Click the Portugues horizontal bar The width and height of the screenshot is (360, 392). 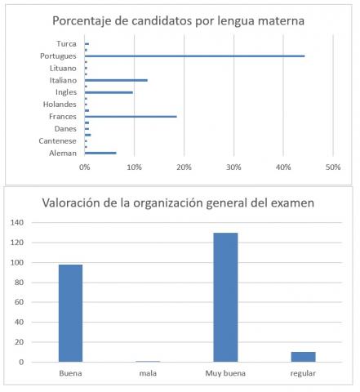tap(194, 56)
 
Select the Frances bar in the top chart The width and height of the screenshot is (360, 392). tap(131, 117)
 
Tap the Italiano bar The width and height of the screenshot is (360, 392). tap(116, 80)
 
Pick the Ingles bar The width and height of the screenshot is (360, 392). tap(109, 92)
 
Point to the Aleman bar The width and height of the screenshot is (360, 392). tap(100, 153)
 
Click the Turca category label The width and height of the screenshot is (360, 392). tap(66, 44)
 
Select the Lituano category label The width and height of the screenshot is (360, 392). tap(63, 68)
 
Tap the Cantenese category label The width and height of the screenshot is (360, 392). tap(57, 141)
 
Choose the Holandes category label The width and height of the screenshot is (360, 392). tap(60, 105)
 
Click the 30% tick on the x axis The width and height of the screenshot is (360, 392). tap(233, 167)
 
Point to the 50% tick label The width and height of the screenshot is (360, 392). tap(333, 167)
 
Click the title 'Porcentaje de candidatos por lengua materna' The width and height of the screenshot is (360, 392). tap(178, 21)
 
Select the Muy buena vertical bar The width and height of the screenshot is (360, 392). tap(225, 297)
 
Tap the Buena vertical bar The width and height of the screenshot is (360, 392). tap(70, 314)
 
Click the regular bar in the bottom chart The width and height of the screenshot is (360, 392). tap(304, 357)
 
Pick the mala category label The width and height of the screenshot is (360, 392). tap(148, 373)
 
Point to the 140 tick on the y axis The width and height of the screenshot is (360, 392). tap(17, 223)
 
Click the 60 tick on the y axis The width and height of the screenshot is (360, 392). tap(19, 302)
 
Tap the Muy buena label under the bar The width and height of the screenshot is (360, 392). tap(225, 373)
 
